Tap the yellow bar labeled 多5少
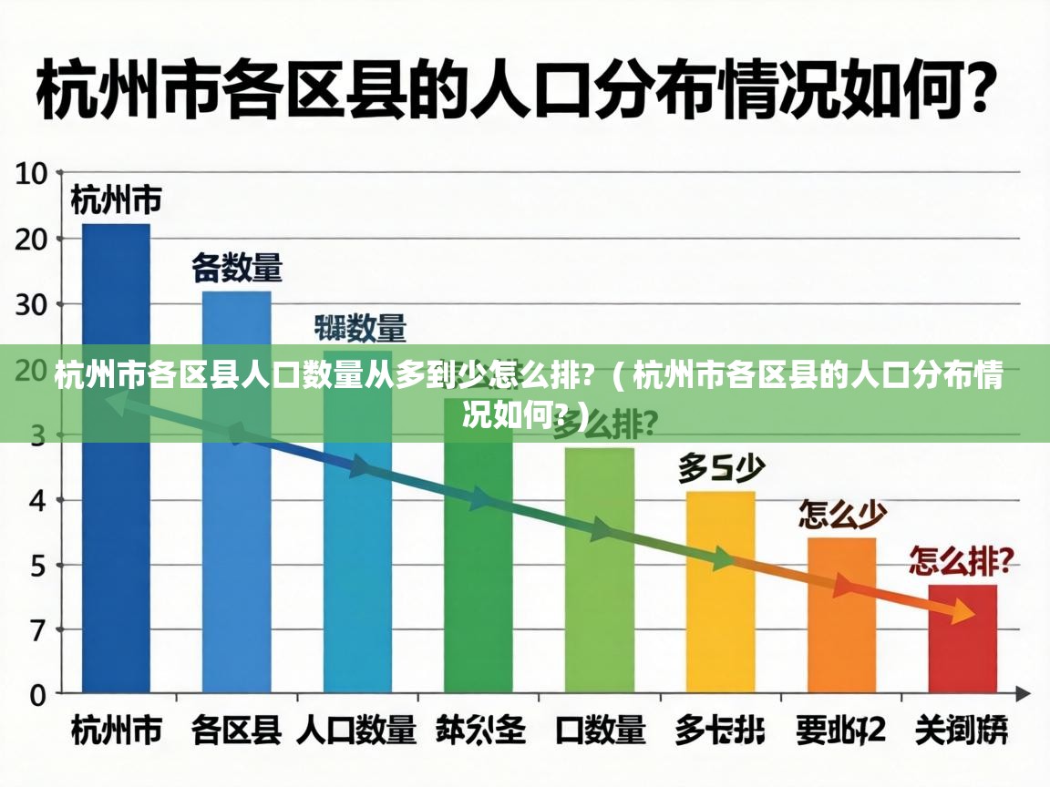point(720,592)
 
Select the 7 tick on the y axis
point(36,630)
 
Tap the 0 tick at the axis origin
point(36,696)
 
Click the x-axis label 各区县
point(236,730)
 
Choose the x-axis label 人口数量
point(356,730)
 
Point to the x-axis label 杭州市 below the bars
point(117,730)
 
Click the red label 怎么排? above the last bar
point(962,562)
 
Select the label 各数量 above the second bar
point(237,269)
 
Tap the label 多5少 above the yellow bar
point(720,469)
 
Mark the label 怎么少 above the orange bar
point(842,516)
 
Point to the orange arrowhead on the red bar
point(961,613)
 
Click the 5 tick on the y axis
point(36,565)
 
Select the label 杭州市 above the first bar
point(117,199)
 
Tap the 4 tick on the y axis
point(36,500)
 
